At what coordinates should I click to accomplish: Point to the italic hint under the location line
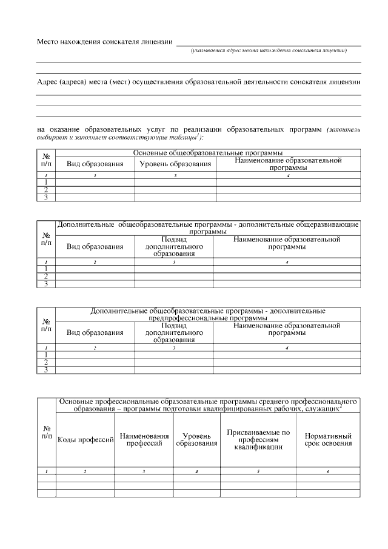(269, 51)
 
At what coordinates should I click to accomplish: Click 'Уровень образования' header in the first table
(175, 164)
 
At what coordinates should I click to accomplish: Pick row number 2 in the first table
(46, 189)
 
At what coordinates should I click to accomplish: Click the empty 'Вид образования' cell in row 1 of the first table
(95, 182)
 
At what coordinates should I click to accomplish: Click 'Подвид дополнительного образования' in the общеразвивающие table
(174, 247)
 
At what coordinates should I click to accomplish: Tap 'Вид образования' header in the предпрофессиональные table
(95, 332)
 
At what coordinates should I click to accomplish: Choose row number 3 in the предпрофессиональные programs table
(46, 369)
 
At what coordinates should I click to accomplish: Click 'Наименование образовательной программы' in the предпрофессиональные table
(287, 329)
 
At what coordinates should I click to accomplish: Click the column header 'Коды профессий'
(85, 440)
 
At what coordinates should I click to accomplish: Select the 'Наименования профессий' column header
(144, 440)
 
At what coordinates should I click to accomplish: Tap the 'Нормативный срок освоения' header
(328, 440)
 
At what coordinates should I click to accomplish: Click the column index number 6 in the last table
(328, 471)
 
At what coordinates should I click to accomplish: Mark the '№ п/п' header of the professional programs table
(46, 433)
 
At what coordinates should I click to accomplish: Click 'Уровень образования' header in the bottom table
(196, 440)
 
